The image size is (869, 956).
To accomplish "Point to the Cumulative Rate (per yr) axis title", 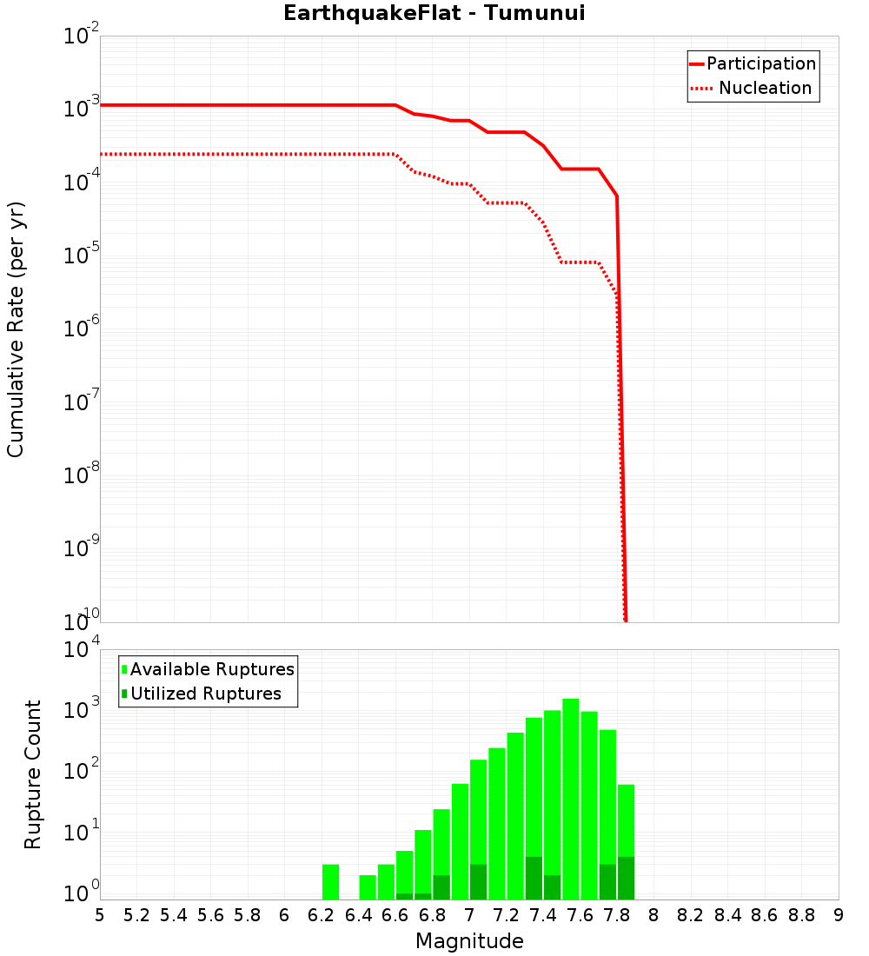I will (x=16, y=329).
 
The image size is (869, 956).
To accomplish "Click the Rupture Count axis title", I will (x=33, y=774).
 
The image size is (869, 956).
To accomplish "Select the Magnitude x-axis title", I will (x=469, y=941).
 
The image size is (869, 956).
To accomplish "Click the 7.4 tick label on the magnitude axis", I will (x=543, y=915).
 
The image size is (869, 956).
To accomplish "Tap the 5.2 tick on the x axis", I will (x=137, y=915).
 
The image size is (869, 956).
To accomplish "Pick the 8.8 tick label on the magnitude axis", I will (x=801, y=915).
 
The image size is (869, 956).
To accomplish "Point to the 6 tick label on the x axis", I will (x=284, y=915).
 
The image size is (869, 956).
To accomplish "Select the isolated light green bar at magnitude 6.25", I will (x=330, y=881).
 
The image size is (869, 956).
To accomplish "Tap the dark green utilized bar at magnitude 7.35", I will (x=534, y=878).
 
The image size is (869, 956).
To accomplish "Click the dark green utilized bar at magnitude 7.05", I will (x=478, y=881).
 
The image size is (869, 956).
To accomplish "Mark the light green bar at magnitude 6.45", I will (x=368, y=886).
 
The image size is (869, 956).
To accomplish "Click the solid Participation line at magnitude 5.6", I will (x=211, y=105).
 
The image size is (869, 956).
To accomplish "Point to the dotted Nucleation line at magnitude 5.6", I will (x=211, y=154).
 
